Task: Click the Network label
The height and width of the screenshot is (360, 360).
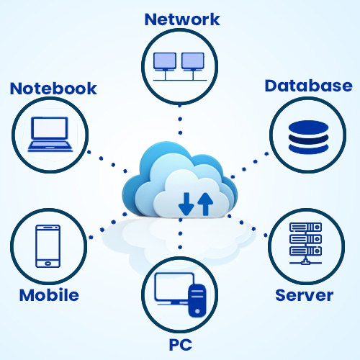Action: [x=182, y=19]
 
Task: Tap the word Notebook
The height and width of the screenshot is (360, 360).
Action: [x=53, y=89]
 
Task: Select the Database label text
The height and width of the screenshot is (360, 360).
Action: [x=308, y=86]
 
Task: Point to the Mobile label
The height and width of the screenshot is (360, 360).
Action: [x=49, y=295]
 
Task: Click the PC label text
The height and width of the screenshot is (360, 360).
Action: [x=181, y=345]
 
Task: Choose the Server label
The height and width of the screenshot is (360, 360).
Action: [x=305, y=295]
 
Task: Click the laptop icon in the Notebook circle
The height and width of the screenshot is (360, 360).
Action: [x=50, y=134]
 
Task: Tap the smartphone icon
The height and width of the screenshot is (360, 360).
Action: [x=48, y=246]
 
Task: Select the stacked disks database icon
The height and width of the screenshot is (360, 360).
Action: [x=308, y=137]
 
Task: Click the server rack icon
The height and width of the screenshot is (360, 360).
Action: [x=305, y=243]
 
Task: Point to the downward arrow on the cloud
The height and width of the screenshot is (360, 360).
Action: [x=186, y=204]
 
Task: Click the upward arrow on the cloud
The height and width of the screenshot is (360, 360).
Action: [x=205, y=204]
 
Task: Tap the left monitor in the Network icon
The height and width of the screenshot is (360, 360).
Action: [x=165, y=62]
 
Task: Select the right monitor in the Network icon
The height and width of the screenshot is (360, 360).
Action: [x=193, y=62]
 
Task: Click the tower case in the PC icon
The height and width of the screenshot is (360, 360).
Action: [x=197, y=300]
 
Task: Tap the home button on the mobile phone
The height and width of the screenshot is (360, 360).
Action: [x=48, y=264]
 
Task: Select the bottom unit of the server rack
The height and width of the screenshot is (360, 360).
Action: [x=305, y=251]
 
